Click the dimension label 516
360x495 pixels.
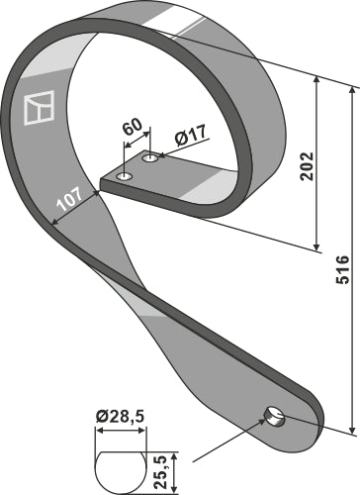(342, 269)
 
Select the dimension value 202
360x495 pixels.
(307, 166)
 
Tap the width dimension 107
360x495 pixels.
(69, 199)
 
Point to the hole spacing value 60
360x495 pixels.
(133, 126)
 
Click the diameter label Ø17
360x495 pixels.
(191, 135)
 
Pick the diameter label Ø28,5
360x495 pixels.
(121, 417)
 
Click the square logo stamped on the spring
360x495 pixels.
(39, 108)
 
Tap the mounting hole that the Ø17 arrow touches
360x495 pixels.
(150, 158)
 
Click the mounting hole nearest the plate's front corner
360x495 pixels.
(125, 176)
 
